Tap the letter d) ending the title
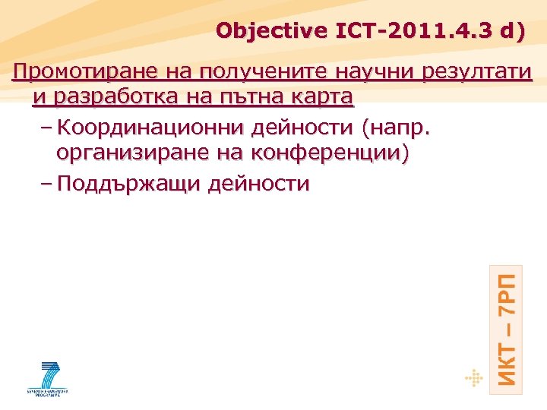508,32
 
